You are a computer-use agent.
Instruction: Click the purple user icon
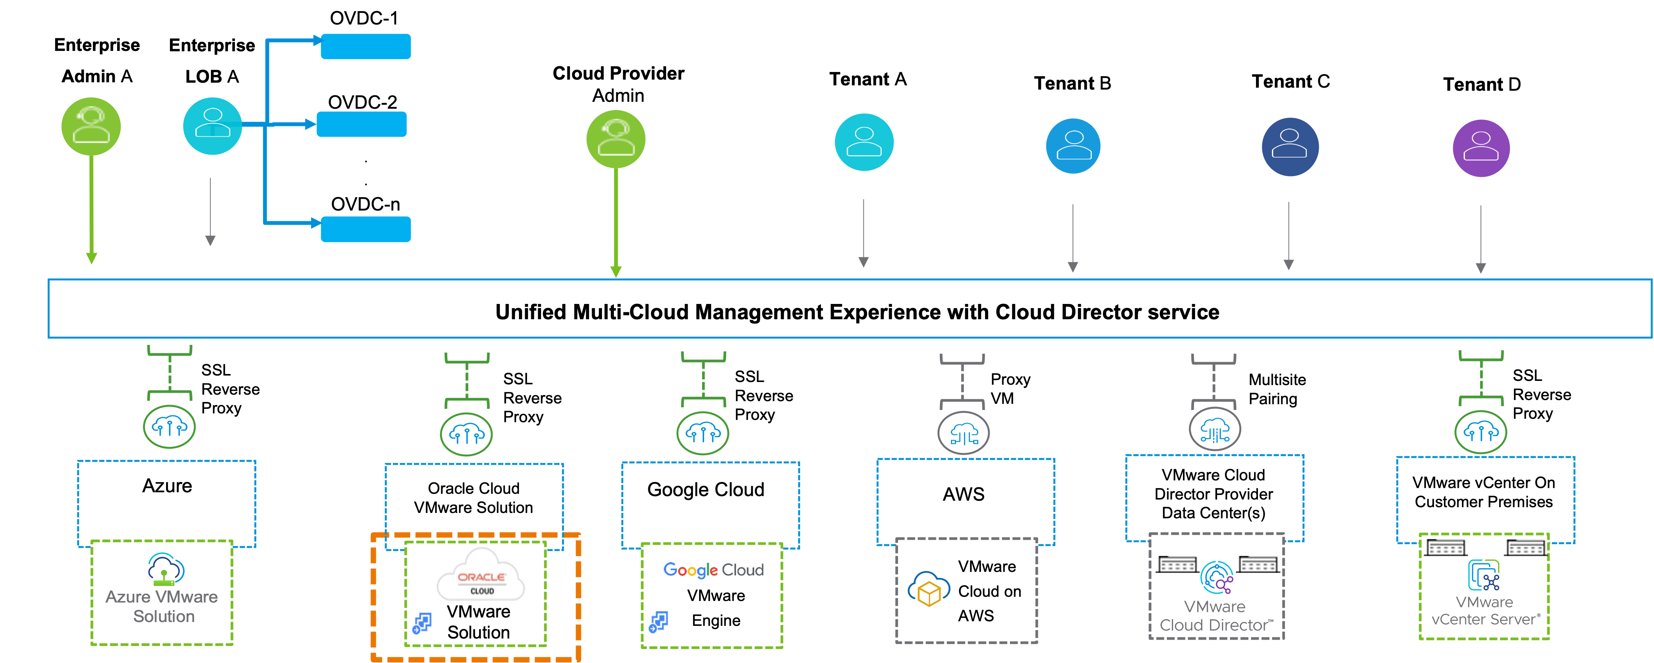[x=1481, y=149]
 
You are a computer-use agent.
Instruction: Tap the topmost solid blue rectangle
[x=365, y=46]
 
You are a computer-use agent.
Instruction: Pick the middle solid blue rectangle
[x=362, y=124]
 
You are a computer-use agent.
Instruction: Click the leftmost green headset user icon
[x=91, y=127]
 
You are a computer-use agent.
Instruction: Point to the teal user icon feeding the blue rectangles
[x=212, y=126]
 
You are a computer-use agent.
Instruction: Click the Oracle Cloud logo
[x=481, y=576]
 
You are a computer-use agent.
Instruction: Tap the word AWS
[x=975, y=616]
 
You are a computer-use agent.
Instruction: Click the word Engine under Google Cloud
[x=716, y=621]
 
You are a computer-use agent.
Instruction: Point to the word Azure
[x=128, y=597]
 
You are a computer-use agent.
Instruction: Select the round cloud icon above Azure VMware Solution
[x=169, y=426]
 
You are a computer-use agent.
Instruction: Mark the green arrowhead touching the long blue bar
[x=616, y=272]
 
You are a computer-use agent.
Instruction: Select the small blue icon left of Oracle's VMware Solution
[x=422, y=622]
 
